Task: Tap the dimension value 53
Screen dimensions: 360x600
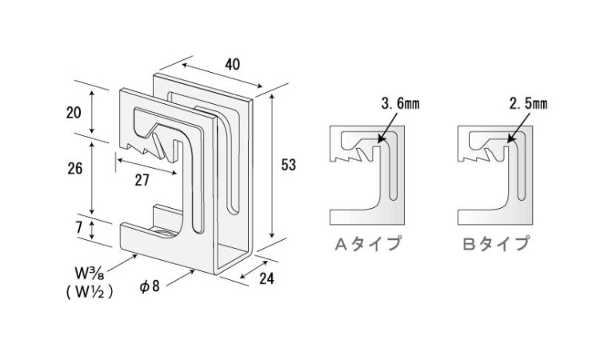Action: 289,165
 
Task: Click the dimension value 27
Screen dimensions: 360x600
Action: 142,180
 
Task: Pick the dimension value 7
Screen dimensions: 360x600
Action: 79,226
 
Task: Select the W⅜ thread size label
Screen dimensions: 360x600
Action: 90,273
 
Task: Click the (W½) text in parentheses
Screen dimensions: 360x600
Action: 89,293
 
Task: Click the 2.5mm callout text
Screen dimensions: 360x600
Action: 528,104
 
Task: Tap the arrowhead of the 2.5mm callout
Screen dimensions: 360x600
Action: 508,141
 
